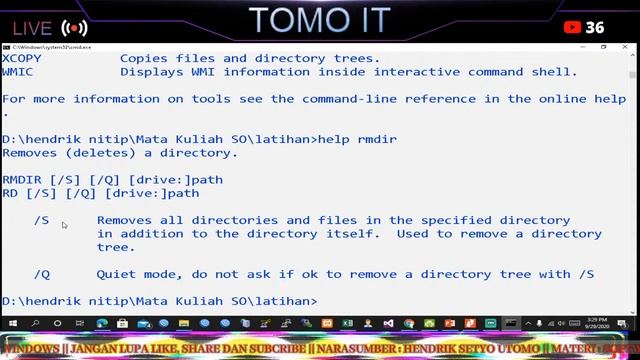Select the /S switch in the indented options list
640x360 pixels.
pyautogui.click(x=41, y=220)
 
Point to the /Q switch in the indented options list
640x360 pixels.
pyautogui.click(x=41, y=273)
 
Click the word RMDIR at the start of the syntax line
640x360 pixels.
pyautogui.click(x=22, y=180)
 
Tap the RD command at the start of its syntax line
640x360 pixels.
pyautogui.click(x=10, y=193)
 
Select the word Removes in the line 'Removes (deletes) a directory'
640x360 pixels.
pyautogui.click(x=30, y=153)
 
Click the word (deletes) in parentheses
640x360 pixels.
pyautogui.click(x=100, y=153)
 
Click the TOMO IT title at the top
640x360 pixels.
pyautogui.click(x=319, y=20)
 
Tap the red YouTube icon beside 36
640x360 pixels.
pyautogui.click(x=573, y=27)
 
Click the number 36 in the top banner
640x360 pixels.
pyautogui.click(x=595, y=27)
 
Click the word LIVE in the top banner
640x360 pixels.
pyautogui.click(x=33, y=28)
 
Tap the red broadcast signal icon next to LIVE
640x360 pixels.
pyautogui.click(x=74, y=28)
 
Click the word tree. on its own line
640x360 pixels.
pyautogui.click(x=116, y=247)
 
